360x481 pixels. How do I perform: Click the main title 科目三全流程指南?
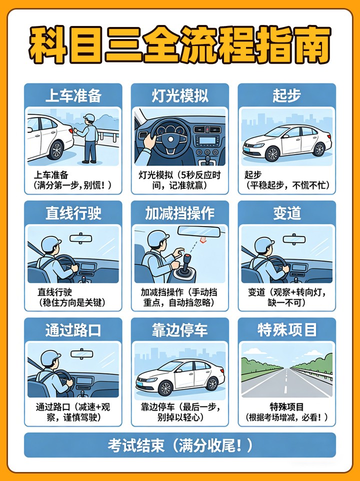tap(180, 45)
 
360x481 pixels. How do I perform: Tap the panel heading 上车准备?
tap(73, 95)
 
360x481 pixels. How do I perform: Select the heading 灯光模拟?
tap(180, 95)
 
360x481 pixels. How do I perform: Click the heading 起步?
tap(286, 95)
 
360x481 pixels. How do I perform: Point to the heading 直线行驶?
tap(73, 213)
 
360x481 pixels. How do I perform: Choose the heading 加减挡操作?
tap(180, 213)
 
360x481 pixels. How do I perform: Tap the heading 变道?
tap(286, 213)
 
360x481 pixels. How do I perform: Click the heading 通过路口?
tap(73, 330)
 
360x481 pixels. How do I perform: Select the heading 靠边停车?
tap(180, 330)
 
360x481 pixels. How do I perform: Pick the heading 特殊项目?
tap(286, 330)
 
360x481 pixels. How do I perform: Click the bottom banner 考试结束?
tap(180, 445)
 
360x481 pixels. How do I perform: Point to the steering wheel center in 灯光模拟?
tap(170, 139)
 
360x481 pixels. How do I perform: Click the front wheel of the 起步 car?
tap(272, 153)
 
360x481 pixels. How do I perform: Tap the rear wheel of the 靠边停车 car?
tap(212, 383)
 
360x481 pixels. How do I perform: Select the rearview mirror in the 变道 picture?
tap(294, 239)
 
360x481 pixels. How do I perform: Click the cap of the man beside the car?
tap(89, 117)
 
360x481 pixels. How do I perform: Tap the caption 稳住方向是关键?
tap(72, 303)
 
